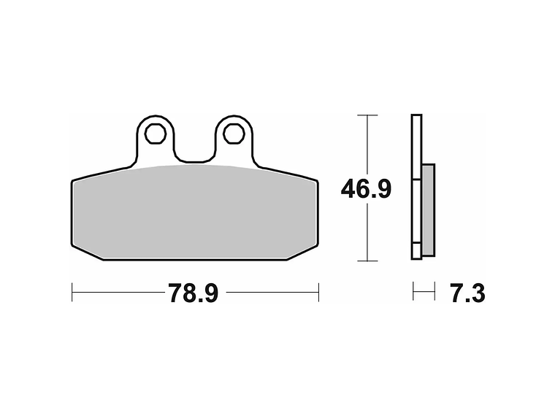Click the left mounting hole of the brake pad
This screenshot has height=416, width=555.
point(155,134)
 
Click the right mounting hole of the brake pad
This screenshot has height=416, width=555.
point(233,134)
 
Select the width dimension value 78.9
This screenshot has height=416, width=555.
point(194,294)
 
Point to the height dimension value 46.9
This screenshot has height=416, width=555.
point(366,189)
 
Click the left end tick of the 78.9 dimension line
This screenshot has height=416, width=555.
point(72,293)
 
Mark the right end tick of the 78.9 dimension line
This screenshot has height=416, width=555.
point(318,293)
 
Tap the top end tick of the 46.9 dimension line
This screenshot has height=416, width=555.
point(367,115)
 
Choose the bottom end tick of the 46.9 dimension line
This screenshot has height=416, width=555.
point(367,261)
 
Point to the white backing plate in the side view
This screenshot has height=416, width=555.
point(416,146)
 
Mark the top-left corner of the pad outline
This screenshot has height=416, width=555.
point(73,181)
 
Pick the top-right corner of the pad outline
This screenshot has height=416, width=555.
point(317,181)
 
